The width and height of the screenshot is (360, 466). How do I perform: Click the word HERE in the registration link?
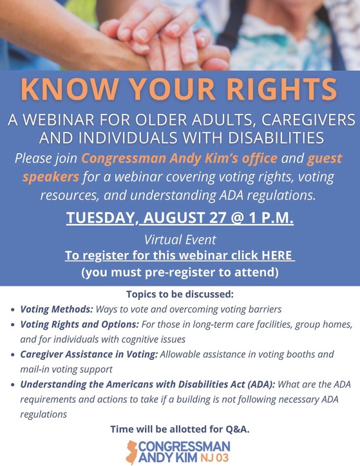tap(276, 256)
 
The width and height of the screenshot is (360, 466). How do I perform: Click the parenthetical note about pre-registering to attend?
tap(180, 272)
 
